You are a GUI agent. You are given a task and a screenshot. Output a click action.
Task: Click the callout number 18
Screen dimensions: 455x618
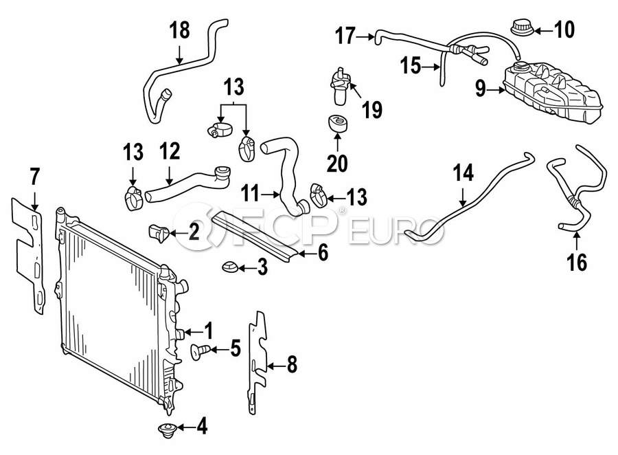point(179,30)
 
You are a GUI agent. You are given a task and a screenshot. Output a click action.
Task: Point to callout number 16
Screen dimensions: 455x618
point(577,262)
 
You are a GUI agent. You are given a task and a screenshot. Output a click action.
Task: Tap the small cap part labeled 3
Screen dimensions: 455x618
point(230,267)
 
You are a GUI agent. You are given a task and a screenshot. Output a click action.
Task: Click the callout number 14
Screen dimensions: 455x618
point(464,175)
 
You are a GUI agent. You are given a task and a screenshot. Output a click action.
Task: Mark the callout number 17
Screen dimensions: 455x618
point(345,34)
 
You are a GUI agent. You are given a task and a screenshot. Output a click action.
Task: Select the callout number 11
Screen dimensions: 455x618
point(251,195)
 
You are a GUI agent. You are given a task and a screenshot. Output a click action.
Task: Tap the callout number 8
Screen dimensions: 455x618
point(292,365)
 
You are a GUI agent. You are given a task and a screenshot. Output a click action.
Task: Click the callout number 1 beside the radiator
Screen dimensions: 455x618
point(207,331)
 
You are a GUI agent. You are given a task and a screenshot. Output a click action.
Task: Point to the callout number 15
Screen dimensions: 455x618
point(410,67)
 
